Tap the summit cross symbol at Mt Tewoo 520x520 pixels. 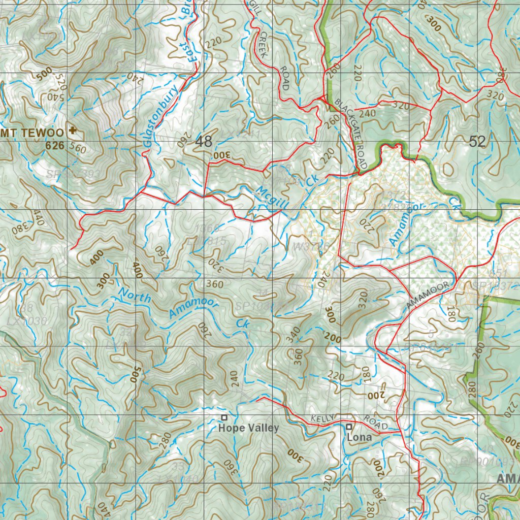click(72, 131)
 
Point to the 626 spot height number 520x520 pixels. click(55, 146)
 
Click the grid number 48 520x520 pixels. click(204, 142)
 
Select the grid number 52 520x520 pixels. click(477, 142)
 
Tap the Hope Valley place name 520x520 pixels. click(248, 428)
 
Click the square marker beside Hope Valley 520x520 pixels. click(224, 417)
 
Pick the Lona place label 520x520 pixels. click(359, 437)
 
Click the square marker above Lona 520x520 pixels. click(349, 426)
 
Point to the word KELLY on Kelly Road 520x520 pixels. click(323, 418)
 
